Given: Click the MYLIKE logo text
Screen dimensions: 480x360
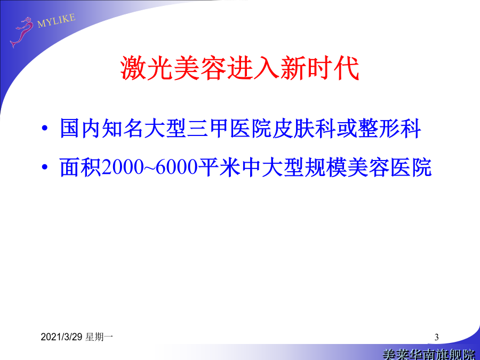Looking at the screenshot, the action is click(x=57, y=20).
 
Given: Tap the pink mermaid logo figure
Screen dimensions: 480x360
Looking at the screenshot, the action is click(x=22, y=32).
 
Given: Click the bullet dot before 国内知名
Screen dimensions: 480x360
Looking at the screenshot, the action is click(x=45, y=128).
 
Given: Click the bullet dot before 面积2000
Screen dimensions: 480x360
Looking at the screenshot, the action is click(x=45, y=167).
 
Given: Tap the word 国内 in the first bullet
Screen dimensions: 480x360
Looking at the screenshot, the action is click(x=81, y=128).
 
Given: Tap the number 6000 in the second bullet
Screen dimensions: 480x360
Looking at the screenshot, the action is click(x=177, y=167).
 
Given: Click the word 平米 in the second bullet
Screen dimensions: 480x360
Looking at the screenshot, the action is click(x=219, y=167).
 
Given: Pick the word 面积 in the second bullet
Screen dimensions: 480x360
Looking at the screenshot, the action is click(x=81, y=167).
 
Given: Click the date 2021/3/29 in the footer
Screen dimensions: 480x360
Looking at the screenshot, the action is click(x=61, y=337).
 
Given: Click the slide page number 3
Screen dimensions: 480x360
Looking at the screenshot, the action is click(x=436, y=338).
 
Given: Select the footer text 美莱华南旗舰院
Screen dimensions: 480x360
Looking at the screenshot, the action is click(x=429, y=355).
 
